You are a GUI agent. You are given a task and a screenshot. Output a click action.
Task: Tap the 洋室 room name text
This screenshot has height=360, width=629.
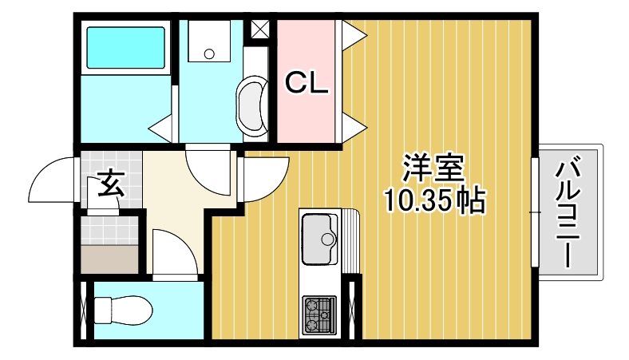point(433,169)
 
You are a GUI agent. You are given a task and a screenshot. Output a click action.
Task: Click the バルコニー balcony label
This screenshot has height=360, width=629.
point(568,213)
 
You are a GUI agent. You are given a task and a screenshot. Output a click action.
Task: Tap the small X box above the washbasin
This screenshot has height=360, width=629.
point(259,29)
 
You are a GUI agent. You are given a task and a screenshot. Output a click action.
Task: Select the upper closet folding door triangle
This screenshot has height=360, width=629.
point(354,33)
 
